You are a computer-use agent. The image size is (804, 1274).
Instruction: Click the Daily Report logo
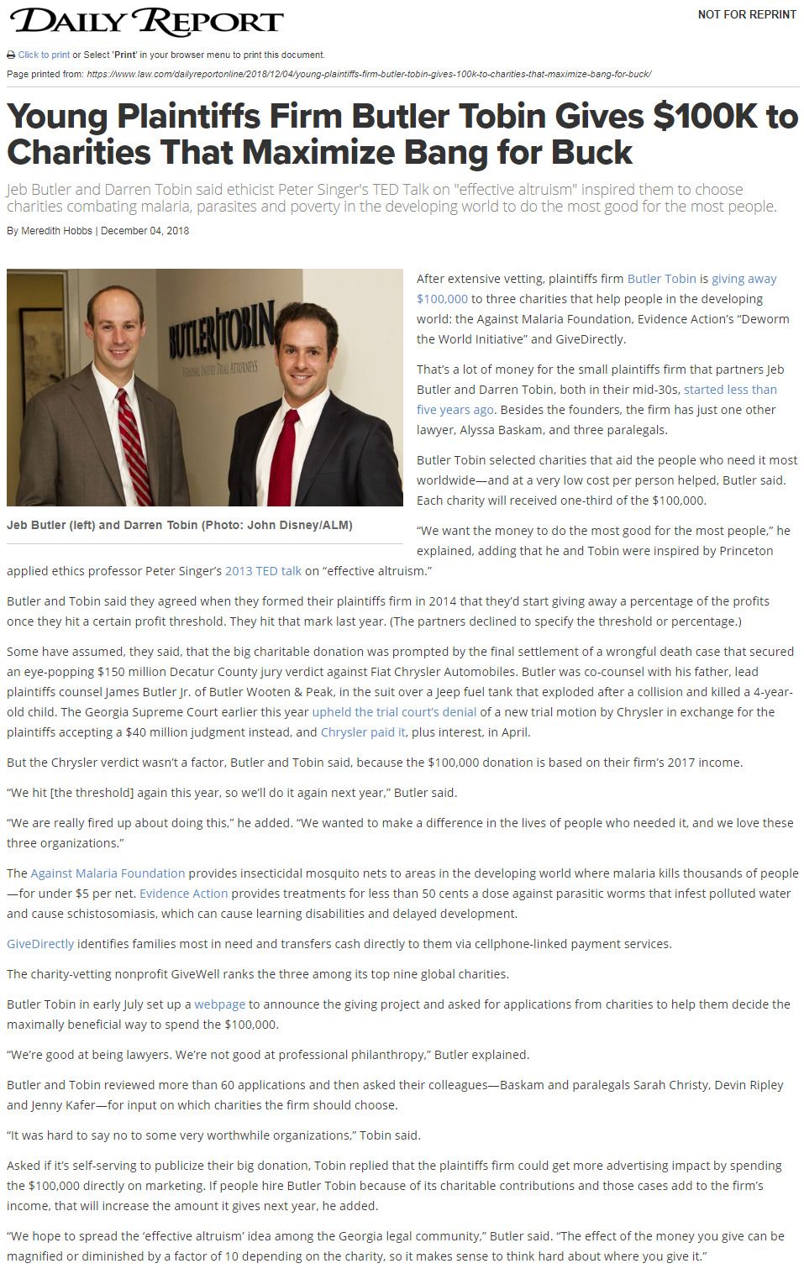pyautogui.click(x=145, y=23)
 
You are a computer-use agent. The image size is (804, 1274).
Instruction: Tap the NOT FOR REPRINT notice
pyautogui.click(x=746, y=14)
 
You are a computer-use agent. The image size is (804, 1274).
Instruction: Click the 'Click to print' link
pyautogui.click(x=44, y=55)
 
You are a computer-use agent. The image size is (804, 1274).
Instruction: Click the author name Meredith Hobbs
pyautogui.click(x=56, y=231)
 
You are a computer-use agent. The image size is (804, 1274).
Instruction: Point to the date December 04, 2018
pyautogui.click(x=145, y=231)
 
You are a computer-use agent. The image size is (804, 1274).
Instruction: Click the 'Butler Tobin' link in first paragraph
pyautogui.click(x=661, y=279)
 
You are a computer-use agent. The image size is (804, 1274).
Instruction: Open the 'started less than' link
pyautogui.click(x=730, y=390)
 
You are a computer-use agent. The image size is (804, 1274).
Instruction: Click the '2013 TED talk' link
pyautogui.click(x=263, y=571)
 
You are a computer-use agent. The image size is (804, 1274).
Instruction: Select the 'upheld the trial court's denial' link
pyautogui.click(x=394, y=712)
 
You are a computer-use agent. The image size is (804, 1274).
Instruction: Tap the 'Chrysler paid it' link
pyautogui.click(x=363, y=732)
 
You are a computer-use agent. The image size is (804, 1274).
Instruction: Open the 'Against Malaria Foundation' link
pyautogui.click(x=108, y=873)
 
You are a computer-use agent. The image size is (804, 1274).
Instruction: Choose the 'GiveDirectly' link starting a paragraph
pyautogui.click(x=40, y=944)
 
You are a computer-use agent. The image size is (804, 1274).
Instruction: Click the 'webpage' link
pyautogui.click(x=219, y=1004)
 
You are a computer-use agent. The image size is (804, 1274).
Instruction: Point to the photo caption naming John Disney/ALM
pyautogui.click(x=179, y=525)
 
